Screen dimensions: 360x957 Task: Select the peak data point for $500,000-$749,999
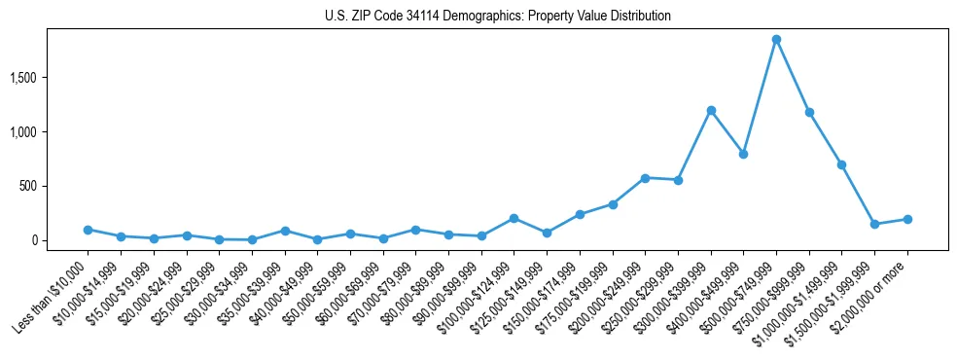tap(776, 40)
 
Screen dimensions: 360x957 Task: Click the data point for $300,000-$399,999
tap(711, 110)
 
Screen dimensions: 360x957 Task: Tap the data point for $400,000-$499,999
tap(743, 154)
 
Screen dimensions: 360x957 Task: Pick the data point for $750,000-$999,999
tap(809, 112)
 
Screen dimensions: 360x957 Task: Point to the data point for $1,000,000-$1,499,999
tap(841, 164)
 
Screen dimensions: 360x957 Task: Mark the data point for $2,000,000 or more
tap(907, 219)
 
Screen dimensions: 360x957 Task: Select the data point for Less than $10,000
tap(88, 230)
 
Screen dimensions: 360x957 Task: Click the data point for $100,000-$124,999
tap(514, 218)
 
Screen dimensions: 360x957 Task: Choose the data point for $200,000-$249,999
tap(645, 178)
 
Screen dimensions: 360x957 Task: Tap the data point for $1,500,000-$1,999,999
tap(874, 224)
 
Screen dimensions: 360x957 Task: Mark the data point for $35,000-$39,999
tap(284, 231)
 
